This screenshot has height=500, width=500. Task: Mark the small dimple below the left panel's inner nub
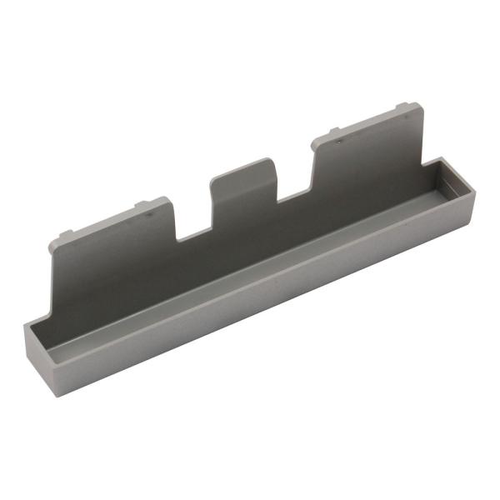pos(149,213)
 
